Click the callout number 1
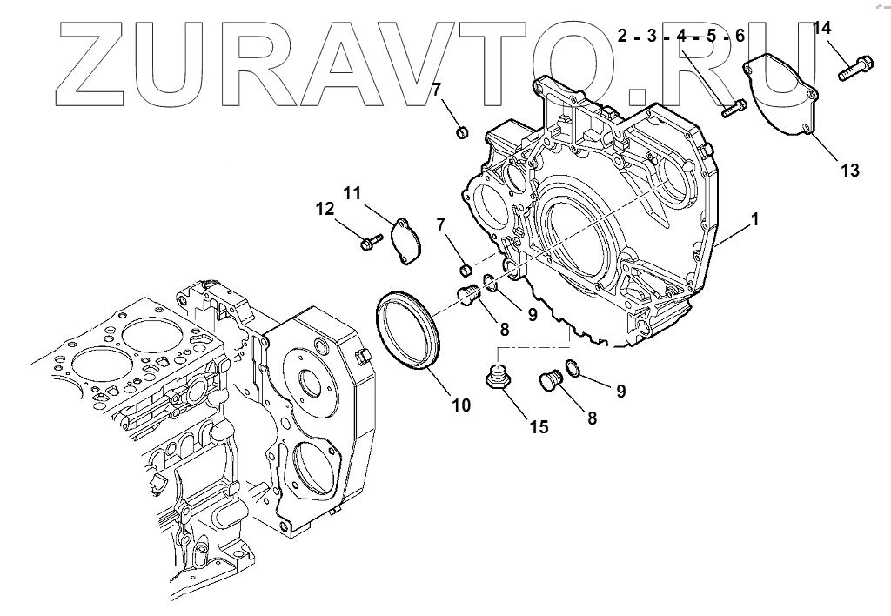coord(754,219)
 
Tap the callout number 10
coord(460,405)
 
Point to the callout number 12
coord(324,209)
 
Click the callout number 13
coord(850,171)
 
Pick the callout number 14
coord(822,28)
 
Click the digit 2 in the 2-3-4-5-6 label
coord(623,37)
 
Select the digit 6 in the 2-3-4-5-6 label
coord(740,37)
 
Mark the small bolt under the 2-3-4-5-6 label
coord(734,110)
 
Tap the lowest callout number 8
coord(592,418)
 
